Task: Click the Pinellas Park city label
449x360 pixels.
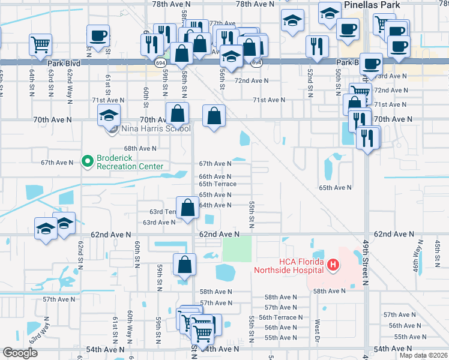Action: tap(374, 4)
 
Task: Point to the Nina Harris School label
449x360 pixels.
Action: tap(156, 128)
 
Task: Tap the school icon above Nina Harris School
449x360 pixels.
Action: tap(109, 115)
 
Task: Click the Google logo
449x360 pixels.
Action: tap(20, 353)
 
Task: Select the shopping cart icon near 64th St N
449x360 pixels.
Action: tap(40, 44)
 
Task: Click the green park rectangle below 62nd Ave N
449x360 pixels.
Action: tap(237, 248)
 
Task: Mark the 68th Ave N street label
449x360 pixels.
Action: tap(140, 148)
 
